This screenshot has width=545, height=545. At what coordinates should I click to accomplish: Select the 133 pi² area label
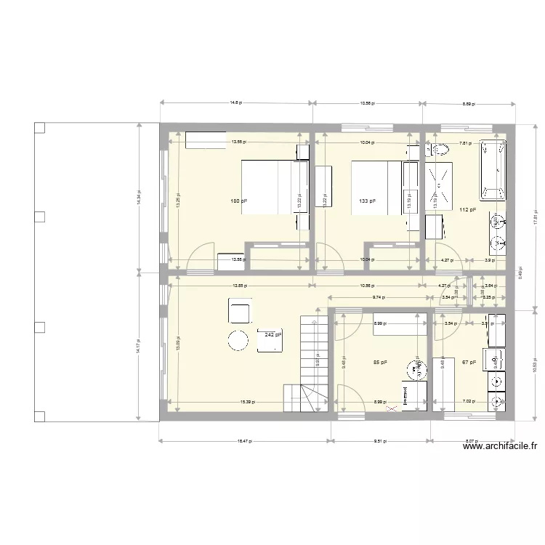(367, 201)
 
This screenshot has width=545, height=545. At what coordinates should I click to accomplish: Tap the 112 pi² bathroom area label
(468, 210)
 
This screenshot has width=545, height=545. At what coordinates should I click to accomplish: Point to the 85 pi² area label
(379, 362)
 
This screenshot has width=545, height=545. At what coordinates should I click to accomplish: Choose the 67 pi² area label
(469, 362)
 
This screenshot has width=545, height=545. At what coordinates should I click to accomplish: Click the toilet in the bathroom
(438, 151)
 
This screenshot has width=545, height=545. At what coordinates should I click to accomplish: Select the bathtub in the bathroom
(492, 170)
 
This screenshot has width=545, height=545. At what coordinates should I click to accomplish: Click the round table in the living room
(238, 340)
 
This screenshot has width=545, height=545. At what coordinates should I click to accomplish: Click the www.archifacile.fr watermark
(504, 448)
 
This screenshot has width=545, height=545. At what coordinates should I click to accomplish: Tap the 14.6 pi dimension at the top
(235, 103)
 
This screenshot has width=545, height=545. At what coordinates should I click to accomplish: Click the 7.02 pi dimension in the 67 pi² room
(469, 401)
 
